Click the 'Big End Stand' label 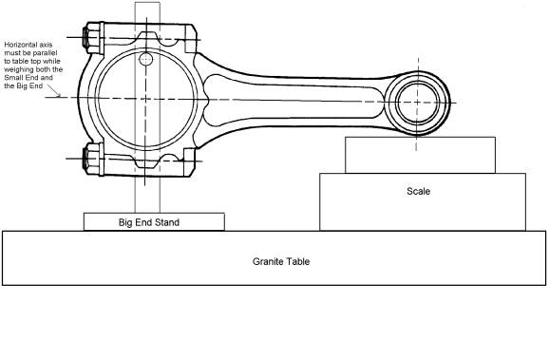[149, 222]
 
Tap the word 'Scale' [419, 191]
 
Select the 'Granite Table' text [281, 261]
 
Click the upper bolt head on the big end [89, 37]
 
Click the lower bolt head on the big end [89, 159]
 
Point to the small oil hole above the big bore [145, 59]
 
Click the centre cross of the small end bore [417, 103]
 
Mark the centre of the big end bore [145, 99]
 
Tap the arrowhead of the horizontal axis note [58, 95]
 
